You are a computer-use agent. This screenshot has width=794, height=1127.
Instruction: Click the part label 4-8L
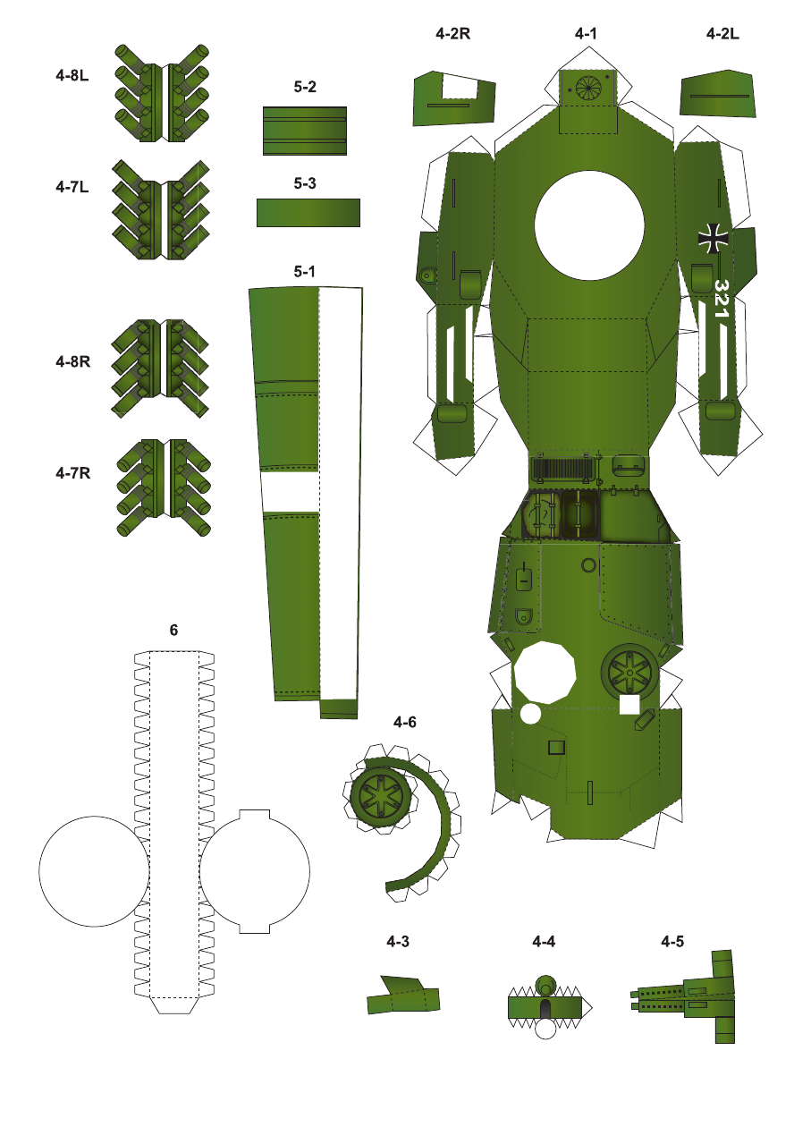coord(72,75)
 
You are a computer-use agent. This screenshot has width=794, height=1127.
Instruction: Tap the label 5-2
coord(305,87)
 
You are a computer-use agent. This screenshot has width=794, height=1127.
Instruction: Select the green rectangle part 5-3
coord(308,212)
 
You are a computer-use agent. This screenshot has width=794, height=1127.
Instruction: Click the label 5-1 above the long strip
coord(304,272)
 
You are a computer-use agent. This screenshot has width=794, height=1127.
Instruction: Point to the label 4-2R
coord(452,34)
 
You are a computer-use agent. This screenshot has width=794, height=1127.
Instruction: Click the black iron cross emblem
coord(713,239)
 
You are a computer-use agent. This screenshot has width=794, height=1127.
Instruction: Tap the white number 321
coord(721,299)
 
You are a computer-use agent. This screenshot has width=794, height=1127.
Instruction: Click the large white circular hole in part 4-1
coord(589,225)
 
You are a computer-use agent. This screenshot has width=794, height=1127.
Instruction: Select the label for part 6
coord(173,630)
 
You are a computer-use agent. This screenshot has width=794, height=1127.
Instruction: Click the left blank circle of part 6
coord(94,871)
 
